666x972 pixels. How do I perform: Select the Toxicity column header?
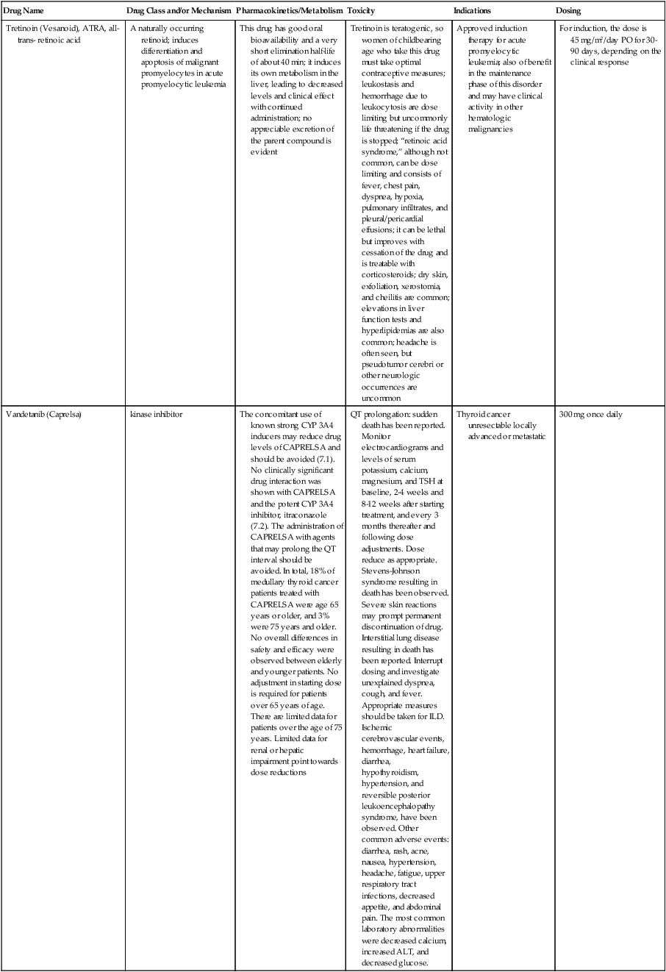(361, 11)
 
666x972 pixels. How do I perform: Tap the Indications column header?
(473, 11)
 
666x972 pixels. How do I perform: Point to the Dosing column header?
(568, 11)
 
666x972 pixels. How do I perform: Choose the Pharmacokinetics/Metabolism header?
(290, 11)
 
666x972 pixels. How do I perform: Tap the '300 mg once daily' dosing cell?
(590, 414)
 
